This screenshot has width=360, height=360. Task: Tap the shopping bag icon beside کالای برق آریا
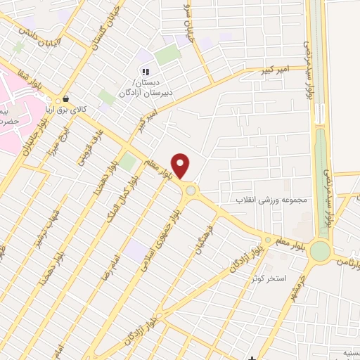pos(65,99)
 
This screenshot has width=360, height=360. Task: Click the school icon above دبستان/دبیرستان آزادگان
pos(146,71)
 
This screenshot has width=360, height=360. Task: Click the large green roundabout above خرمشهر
pos(320,250)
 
